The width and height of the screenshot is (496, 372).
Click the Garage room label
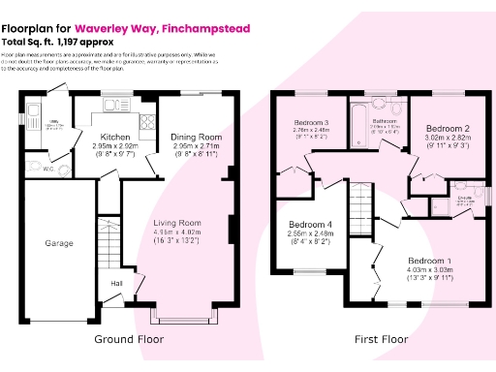[x=59, y=244]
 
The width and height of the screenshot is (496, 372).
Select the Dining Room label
[x=197, y=138]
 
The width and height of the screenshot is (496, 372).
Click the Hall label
[x=116, y=283]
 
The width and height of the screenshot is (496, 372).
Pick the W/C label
[x=48, y=169]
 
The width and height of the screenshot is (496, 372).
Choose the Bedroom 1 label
[x=429, y=262]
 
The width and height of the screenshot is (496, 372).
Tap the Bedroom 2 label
[x=449, y=129]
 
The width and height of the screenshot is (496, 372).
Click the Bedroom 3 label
[x=312, y=123]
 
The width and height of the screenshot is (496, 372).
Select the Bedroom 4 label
[x=309, y=222]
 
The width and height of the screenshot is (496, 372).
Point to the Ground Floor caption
[x=129, y=340]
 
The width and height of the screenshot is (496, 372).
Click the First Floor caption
[x=380, y=340]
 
